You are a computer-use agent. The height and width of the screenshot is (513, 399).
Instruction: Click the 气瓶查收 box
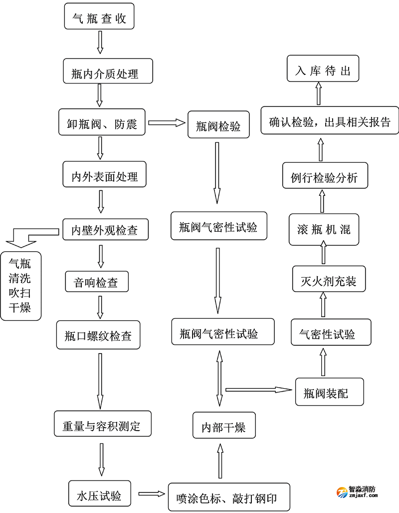(99, 17)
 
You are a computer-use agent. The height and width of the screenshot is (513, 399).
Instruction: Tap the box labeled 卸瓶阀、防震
(102, 122)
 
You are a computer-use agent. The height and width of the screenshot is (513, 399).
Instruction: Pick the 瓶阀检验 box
(218, 125)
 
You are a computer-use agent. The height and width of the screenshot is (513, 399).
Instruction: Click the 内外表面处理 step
(105, 174)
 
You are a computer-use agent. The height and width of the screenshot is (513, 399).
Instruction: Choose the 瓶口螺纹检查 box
(98, 334)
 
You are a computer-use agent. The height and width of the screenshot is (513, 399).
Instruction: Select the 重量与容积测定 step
(102, 424)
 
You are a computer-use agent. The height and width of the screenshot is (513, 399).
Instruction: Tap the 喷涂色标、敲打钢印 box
(229, 497)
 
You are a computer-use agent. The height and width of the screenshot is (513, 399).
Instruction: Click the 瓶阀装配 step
(329, 392)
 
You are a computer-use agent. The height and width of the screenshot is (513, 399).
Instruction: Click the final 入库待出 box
(323, 69)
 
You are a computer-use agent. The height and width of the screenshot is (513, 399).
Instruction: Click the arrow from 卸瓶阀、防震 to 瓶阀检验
(167, 122)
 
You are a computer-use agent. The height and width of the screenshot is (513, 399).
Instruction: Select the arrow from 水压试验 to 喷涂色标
(151, 494)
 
